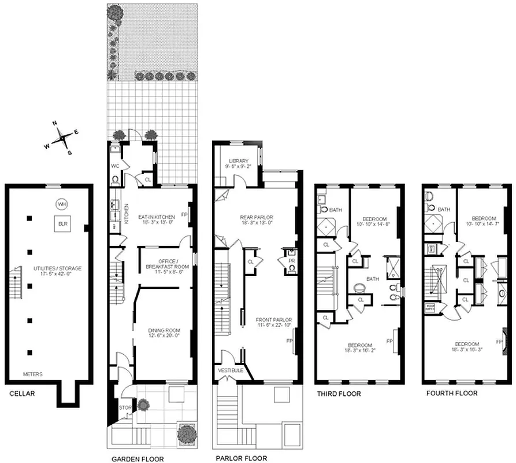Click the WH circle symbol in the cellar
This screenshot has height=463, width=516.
(61, 204)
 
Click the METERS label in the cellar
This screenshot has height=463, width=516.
(32, 373)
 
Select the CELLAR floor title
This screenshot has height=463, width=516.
(23, 394)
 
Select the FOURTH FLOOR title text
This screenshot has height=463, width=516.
(451, 394)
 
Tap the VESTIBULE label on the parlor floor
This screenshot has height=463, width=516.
(231, 370)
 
